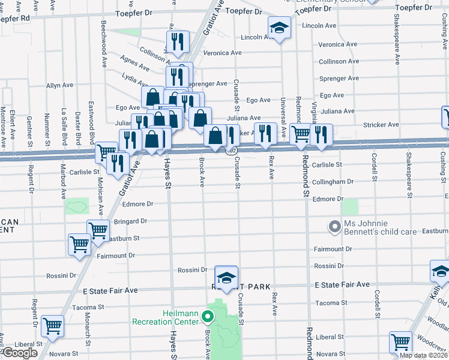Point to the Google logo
click(19, 353)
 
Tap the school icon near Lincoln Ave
click(279, 29)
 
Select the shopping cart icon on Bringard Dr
click(97, 230)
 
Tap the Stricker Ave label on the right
click(381, 125)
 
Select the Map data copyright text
click(424, 355)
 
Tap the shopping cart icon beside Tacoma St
click(53, 326)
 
